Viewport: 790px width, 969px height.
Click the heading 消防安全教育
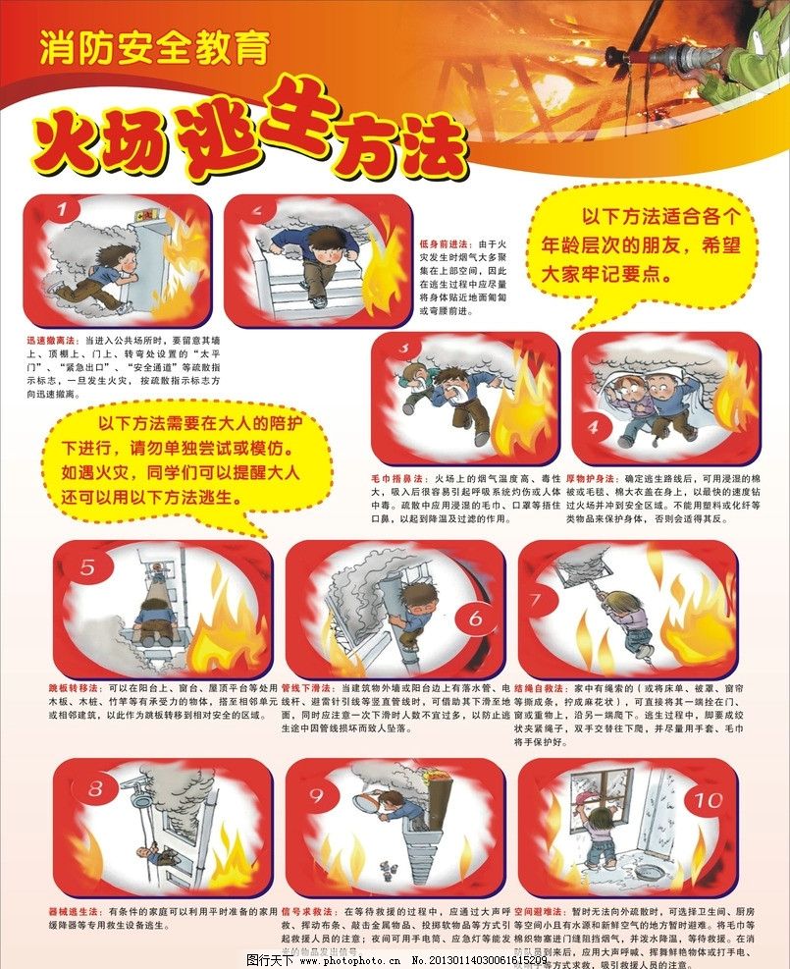click(x=154, y=48)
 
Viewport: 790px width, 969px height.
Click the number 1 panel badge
click(x=64, y=211)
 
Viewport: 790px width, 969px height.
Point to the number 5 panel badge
click(x=88, y=567)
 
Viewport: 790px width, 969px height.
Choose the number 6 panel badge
click(x=476, y=619)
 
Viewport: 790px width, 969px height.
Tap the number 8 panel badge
click(x=95, y=787)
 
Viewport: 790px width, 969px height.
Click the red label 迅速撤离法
click(x=54, y=341)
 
